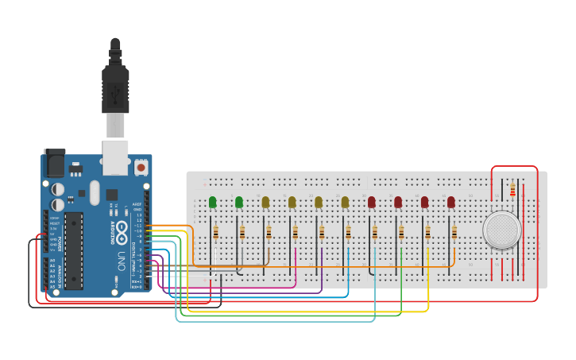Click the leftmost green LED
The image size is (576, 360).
[x=212, y=203]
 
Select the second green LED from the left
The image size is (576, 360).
[x=239, y=203]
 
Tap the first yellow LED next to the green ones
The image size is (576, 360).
[x=265, y=203]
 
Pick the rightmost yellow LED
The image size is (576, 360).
[x=345, y=203]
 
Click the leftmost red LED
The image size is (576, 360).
[x=371, y=203]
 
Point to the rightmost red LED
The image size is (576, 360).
[x=451, y=203]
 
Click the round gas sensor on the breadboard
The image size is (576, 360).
[x=501, y=230]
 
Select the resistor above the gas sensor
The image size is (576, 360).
[x=512, y=189]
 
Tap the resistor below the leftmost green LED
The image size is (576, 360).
[x=216, y=232]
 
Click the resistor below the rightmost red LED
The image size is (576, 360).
[x=454, y=232]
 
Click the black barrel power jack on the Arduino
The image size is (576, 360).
[x=54, y=163]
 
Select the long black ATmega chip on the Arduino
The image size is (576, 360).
[x=73, y=250]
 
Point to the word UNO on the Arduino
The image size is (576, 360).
[x=122, y=260]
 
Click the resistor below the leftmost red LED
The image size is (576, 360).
[x=375, y=232]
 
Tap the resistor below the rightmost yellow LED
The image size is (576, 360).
[x=348, y=232]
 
